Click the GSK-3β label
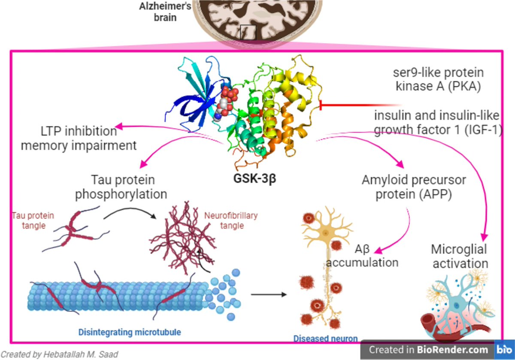coord(254,178)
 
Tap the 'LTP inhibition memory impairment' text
coord(79,138)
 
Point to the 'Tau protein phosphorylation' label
coord(121,187)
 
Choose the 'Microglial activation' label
coord(460,256)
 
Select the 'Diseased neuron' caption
coord(325,339)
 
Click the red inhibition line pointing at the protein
coord(360,106)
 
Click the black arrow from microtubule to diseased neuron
coord(268,294)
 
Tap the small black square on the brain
coord(248,32)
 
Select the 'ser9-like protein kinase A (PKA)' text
coord(436,79)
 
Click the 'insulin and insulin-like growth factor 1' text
coord(438,122)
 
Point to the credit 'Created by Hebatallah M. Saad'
coord(59,354)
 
